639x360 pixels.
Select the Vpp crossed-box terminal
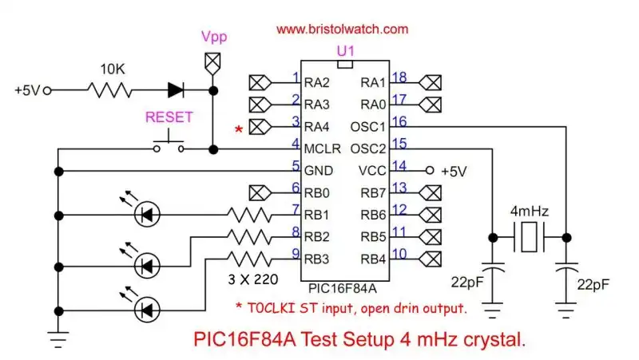click(x=212, y=61)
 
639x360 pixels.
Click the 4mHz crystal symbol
click(x=528, y=236)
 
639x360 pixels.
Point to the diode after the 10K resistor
click(x=177, y=90)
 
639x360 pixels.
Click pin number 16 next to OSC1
click(x=399, y=124)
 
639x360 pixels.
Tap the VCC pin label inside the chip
click(x=373, y=169)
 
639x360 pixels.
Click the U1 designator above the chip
click(x=345, y=50)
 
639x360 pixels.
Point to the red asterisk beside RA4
click(x=237, y=129)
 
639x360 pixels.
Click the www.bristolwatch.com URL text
click(x=342, y=29)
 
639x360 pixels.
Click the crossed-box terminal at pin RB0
click(x=260, y=192)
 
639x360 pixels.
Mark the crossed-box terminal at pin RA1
click(x=430, y=81)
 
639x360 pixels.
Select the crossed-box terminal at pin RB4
click(x=430, y=258)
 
